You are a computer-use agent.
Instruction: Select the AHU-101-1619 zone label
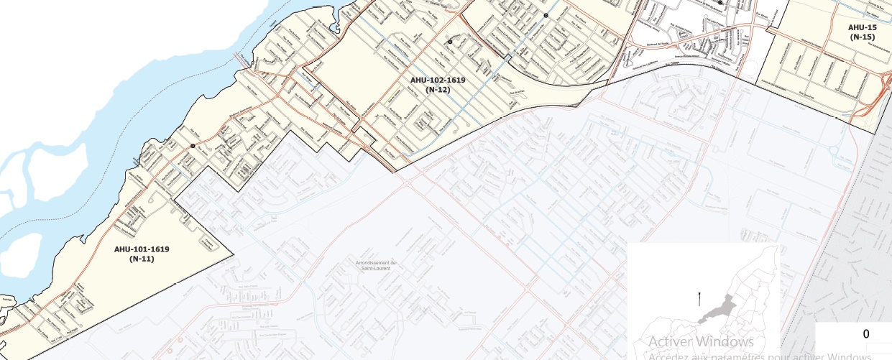[x=142, y=249]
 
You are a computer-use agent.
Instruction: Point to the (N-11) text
[x=142, y=259]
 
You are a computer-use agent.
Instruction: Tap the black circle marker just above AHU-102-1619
[x=450, y=42]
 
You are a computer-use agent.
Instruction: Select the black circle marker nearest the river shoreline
[x=193, y=146]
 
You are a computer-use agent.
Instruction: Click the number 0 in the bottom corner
[x=866, y=334]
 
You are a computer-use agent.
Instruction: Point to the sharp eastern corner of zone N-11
[x=234, y=253]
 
